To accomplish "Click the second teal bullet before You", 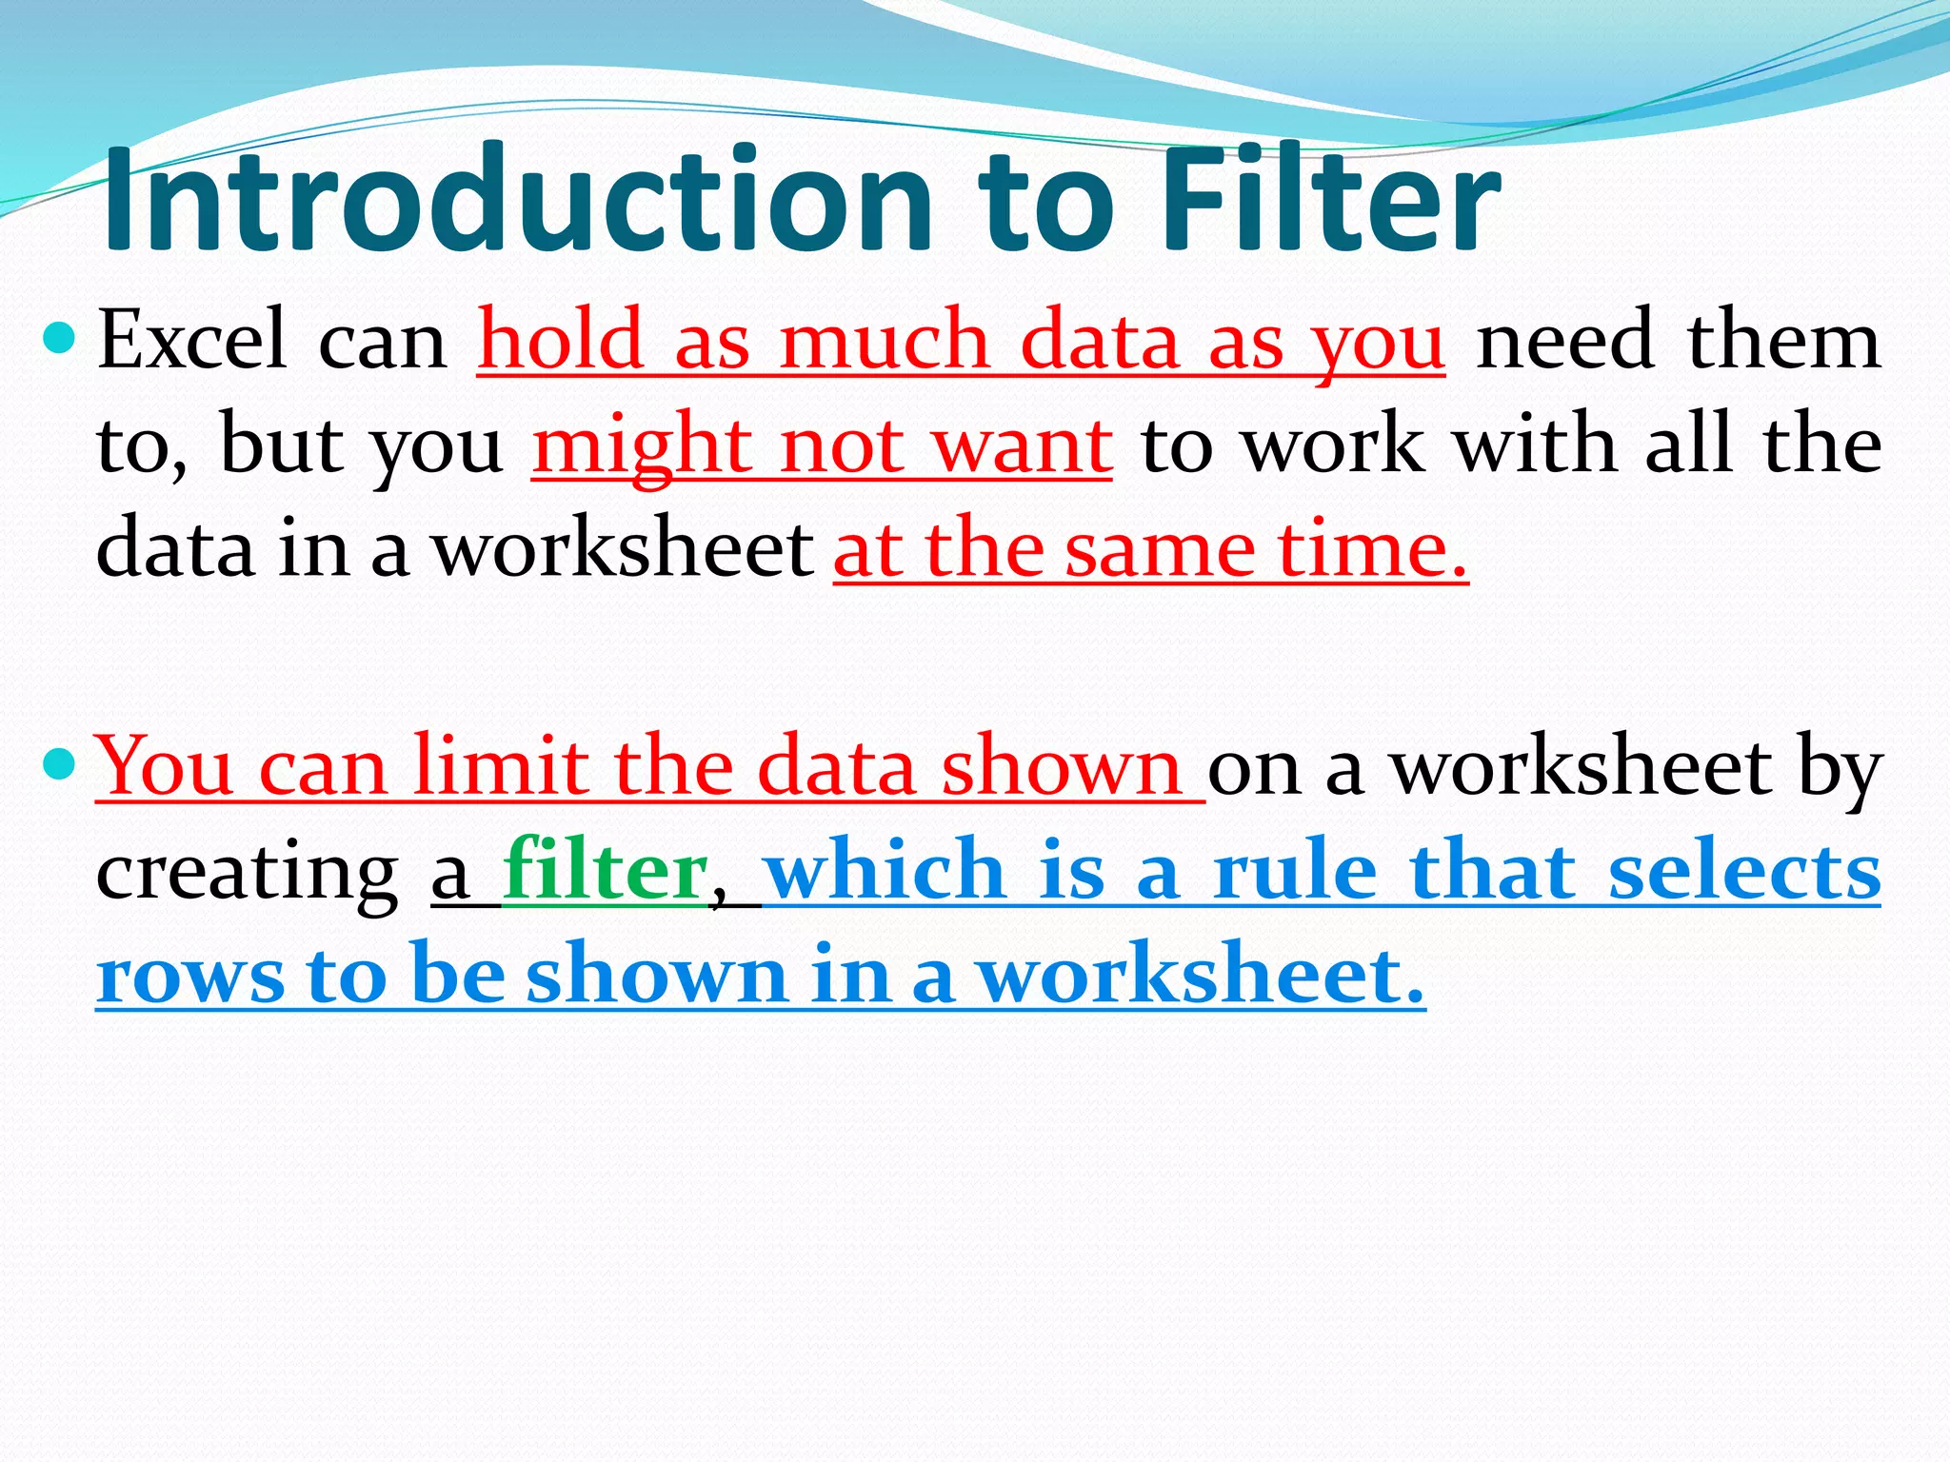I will pos(60,762).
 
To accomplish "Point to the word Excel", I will pos(191,341).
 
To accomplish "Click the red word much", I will pos(885,341).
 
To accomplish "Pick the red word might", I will pos(641,447).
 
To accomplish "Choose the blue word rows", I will pos(189,977).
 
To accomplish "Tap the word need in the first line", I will pos(1565,341).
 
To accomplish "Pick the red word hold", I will pos(561,341).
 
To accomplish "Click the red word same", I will pos(1160,551).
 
